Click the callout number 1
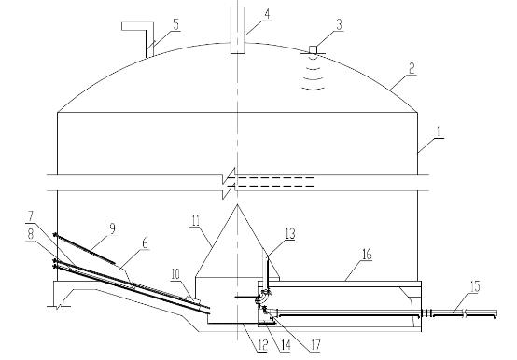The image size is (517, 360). coord(439,132)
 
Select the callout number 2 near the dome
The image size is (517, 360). coord(412,68)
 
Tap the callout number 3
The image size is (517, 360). coord(339,24)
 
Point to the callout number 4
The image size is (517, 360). coord(267,14)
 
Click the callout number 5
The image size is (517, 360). coord(176,24)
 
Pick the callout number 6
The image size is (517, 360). coord(145,243)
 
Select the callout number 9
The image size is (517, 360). coord(112,228)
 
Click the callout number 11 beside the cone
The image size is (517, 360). coord(196,220)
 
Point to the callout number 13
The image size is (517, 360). coord(290,233)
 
